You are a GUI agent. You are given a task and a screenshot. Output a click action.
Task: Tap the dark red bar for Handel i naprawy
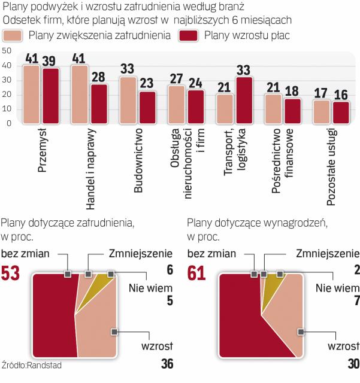99,103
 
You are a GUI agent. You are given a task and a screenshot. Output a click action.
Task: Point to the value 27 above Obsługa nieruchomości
177,78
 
